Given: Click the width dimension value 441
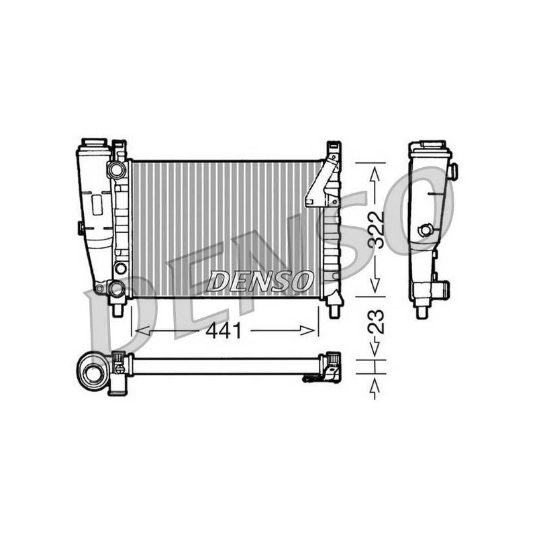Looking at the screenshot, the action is (224, 331).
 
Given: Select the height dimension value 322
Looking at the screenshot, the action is (375, 229).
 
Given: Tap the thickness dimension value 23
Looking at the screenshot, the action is (375, 322).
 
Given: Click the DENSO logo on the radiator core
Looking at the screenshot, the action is (260, 281).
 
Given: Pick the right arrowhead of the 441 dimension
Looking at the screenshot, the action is (307, 330).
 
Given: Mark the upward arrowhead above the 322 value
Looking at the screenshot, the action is (375, 175).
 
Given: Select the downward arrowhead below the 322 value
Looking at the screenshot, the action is (375, 285).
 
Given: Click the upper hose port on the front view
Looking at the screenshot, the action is (115, 169).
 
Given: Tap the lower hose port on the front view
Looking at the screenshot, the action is (116, 289).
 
